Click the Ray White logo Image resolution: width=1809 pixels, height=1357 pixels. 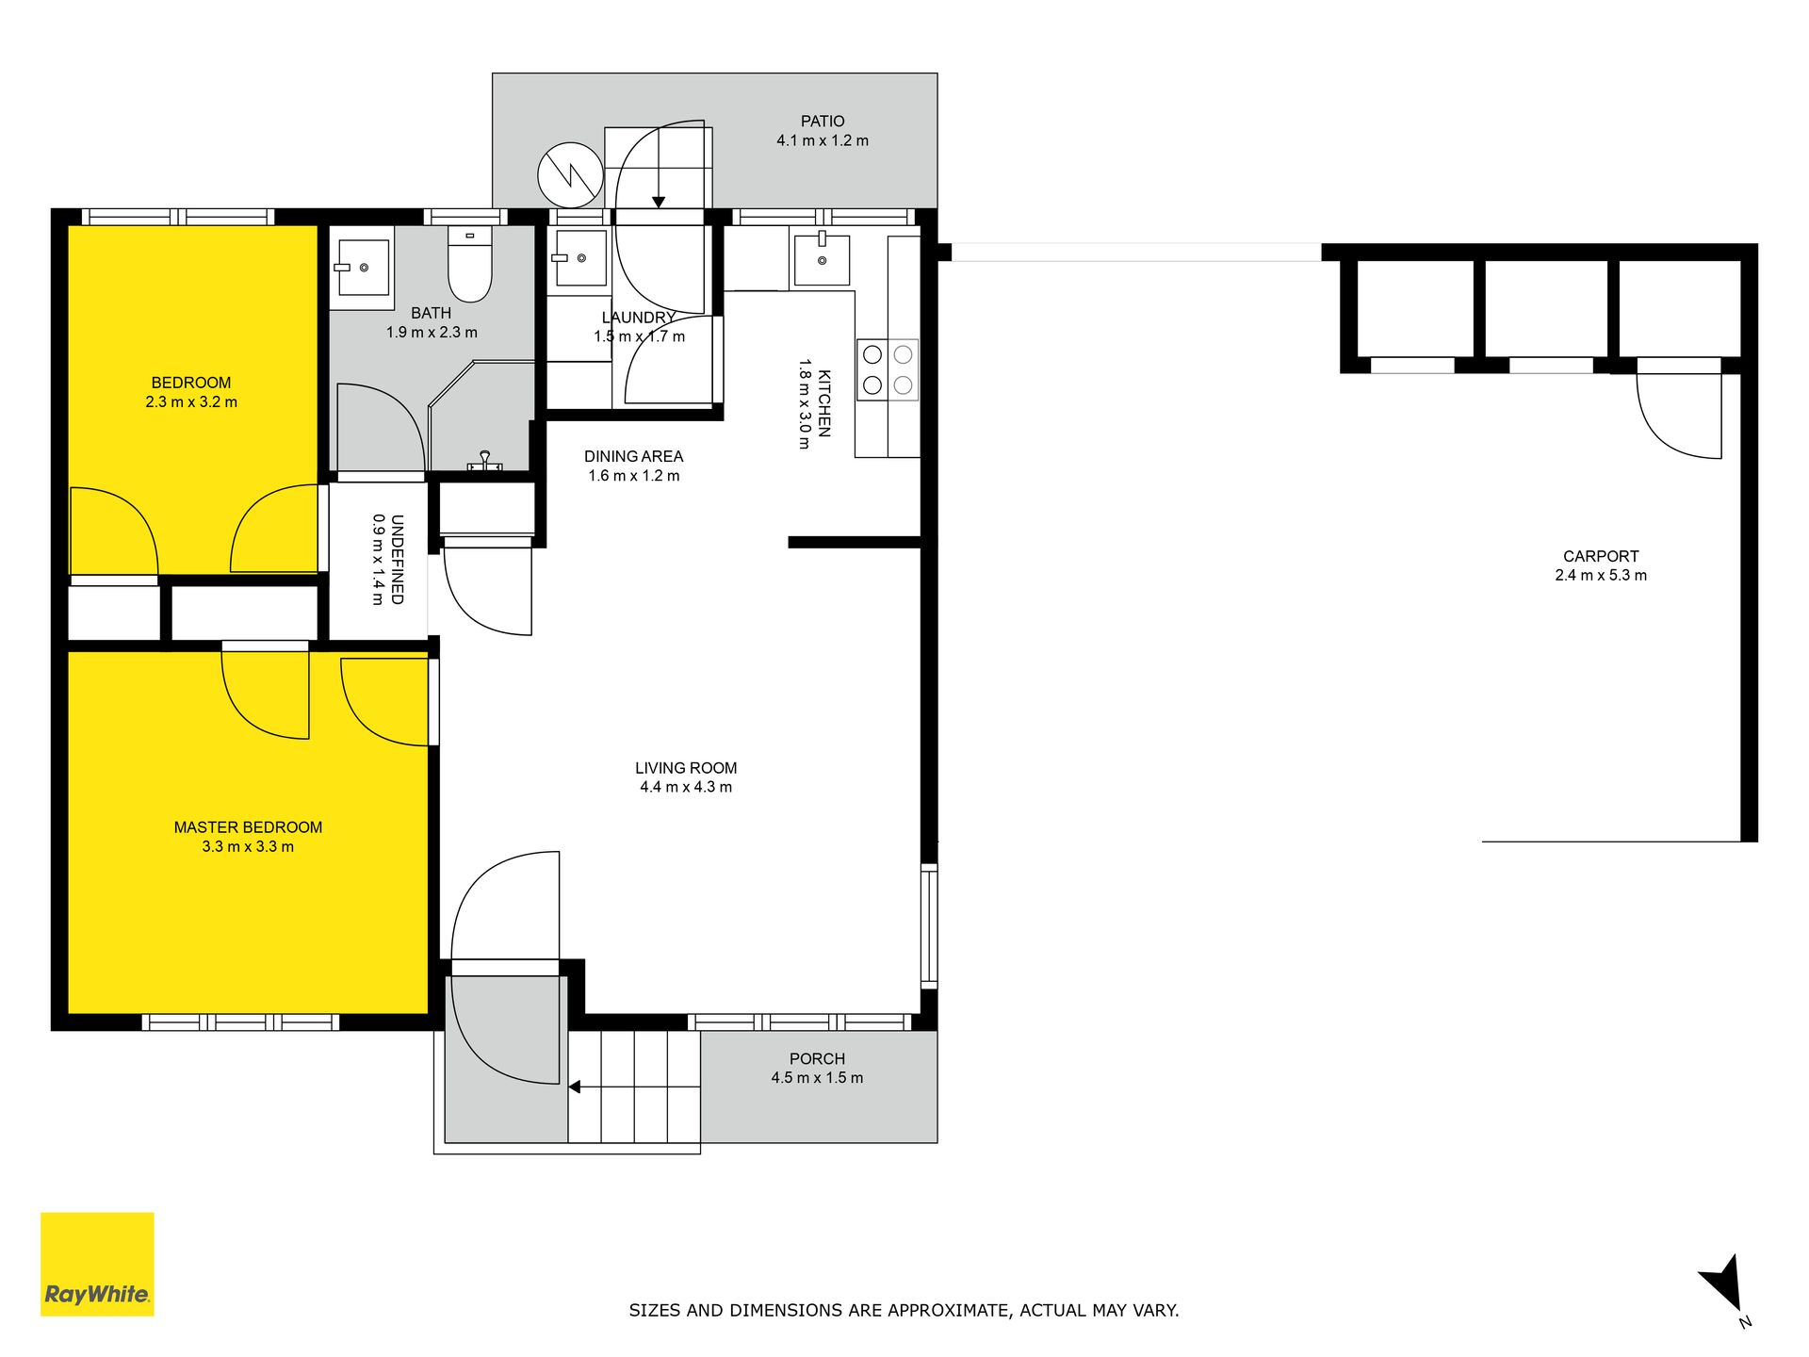click(97, 1264)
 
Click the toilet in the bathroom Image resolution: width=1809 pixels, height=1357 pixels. click(469, 264)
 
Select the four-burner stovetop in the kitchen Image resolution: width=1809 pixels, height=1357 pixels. click(888, 369)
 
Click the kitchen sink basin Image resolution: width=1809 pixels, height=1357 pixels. click(822, 259)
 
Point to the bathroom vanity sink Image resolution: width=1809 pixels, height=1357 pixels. click(362, 268)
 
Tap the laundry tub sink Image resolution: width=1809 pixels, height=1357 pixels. click(579, 257)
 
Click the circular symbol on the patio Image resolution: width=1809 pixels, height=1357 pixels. click(570, 175)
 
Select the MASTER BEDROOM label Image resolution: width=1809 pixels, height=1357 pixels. click(248, 827)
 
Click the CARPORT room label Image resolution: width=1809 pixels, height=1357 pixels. click(1601, 556)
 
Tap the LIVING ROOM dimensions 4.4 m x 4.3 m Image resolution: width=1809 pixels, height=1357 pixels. click(686, 787)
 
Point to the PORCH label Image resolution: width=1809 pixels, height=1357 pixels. click(817, 1058)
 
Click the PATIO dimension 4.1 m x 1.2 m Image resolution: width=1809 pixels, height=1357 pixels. click(823, 140)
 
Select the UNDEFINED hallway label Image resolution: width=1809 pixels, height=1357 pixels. click(397, 559)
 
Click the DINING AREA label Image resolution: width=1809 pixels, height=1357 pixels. click(633, 456)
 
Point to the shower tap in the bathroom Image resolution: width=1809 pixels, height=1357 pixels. click(485, 461)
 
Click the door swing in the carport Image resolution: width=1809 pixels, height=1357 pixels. click(1679, 416)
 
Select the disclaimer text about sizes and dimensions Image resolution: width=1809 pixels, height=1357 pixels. click(904, 1310)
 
